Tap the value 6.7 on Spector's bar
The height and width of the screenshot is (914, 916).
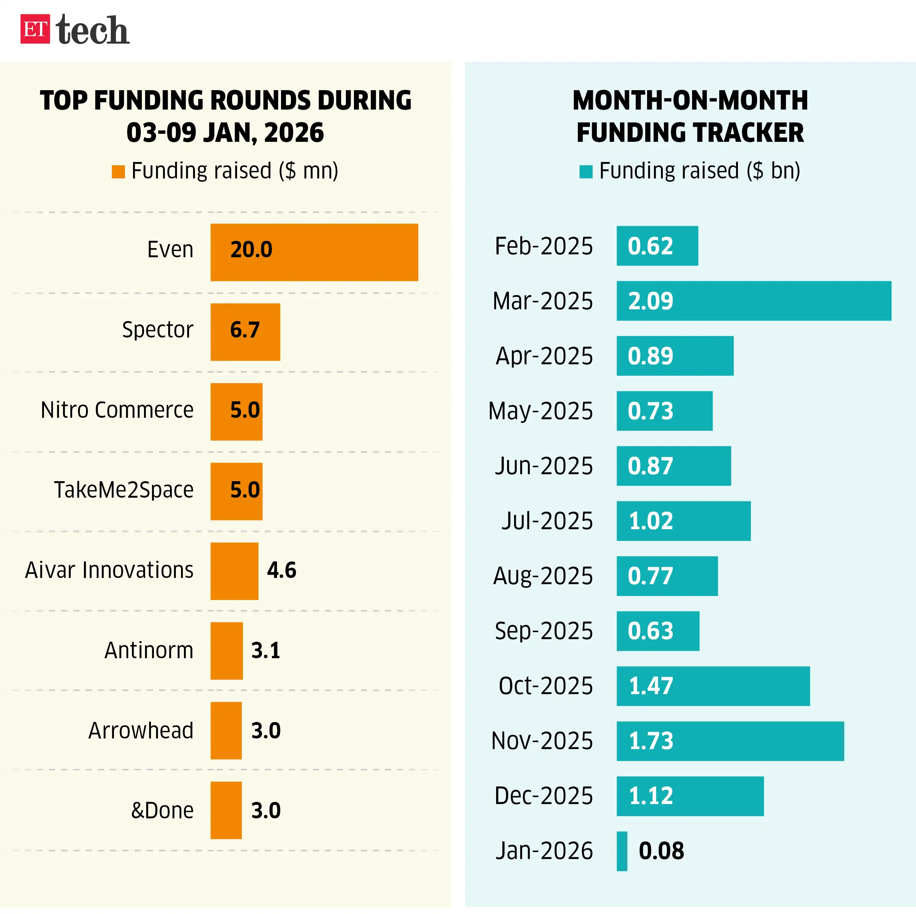click(245, 329)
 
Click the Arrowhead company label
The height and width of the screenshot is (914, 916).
click(141, 730)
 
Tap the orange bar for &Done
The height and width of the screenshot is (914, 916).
click(226, 810)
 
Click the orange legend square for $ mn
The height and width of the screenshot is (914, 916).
click(118, 172)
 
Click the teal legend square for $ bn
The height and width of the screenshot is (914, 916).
click(586, 172)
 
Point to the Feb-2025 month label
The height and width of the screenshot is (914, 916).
click(543, 246)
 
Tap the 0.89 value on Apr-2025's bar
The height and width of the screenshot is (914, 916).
click(650, 356)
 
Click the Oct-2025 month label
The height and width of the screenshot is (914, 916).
click(545, 686)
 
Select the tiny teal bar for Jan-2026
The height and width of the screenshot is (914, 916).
click(621, 851)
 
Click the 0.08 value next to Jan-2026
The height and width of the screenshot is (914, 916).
click(661, 851)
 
